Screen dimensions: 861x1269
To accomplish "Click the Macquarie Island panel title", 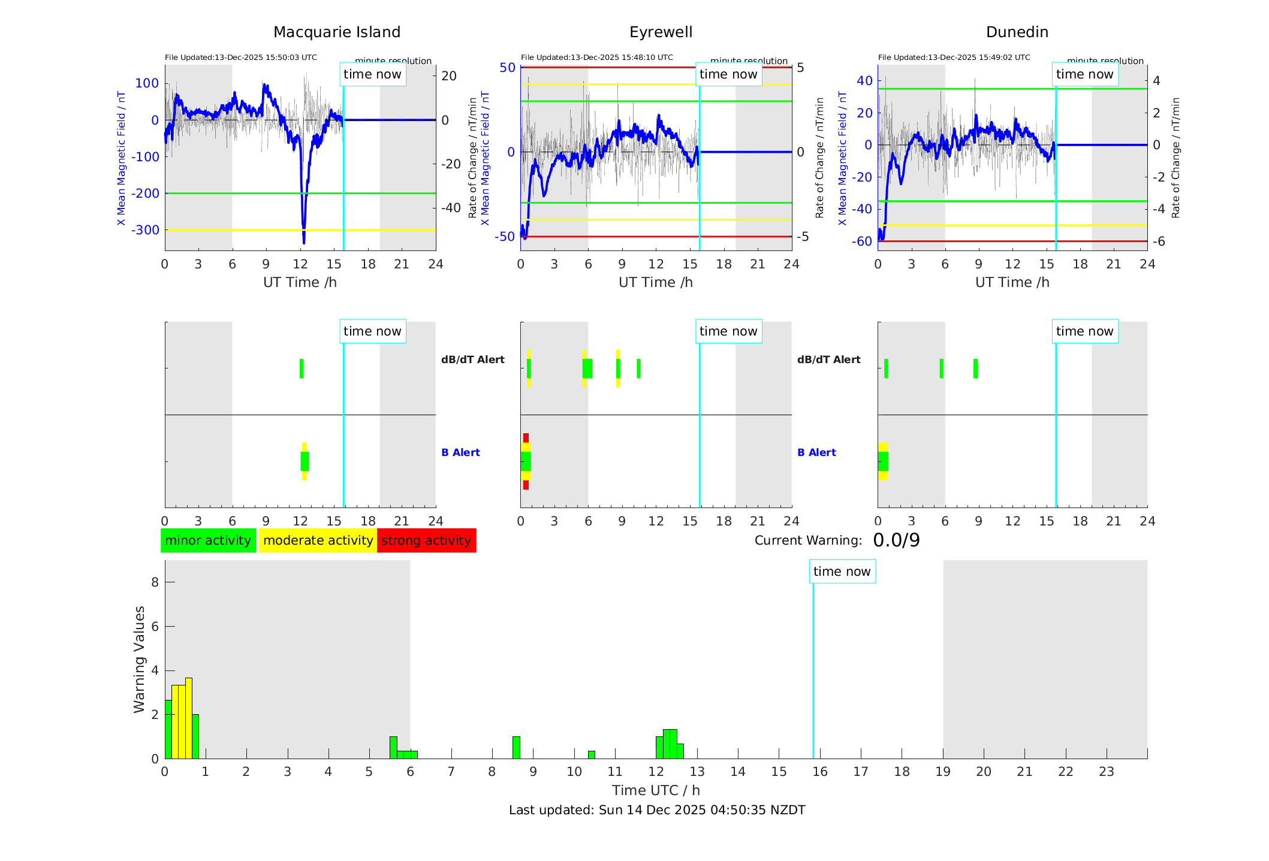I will (x=336, y=32).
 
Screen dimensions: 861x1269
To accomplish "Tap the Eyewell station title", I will (x=661, y=32).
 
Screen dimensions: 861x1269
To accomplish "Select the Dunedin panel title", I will (x=1017, y=32).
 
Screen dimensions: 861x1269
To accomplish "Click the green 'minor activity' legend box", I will (x=208, y=540).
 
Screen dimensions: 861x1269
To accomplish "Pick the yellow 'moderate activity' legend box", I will (x=318, y=540).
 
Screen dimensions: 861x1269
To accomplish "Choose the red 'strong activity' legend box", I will (x=426, y=540).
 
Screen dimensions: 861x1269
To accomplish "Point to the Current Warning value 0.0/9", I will (x=896, y=540).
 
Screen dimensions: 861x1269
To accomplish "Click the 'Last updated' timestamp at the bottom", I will (x=657, y=810).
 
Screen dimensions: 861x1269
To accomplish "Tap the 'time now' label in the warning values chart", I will (x=842, y=572).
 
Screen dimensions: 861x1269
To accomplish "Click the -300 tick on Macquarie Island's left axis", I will (x=147, y=230).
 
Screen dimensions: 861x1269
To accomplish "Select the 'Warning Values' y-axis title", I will (x=140, y=659).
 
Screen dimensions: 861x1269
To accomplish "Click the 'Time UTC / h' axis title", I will (x=656, y=790).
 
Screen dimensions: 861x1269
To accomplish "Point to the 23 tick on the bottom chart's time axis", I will (x=1106, y=772).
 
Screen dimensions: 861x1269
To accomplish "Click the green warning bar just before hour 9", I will (x=516, y=748).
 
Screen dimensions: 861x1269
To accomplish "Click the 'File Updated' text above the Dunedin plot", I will (x=954, y=58).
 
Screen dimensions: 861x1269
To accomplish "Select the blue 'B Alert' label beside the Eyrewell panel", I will (x=460, y=452).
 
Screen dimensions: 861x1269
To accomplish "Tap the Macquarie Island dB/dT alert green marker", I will (x=302, y=368).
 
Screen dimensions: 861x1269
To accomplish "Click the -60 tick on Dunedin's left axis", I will (x=864, y=241).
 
